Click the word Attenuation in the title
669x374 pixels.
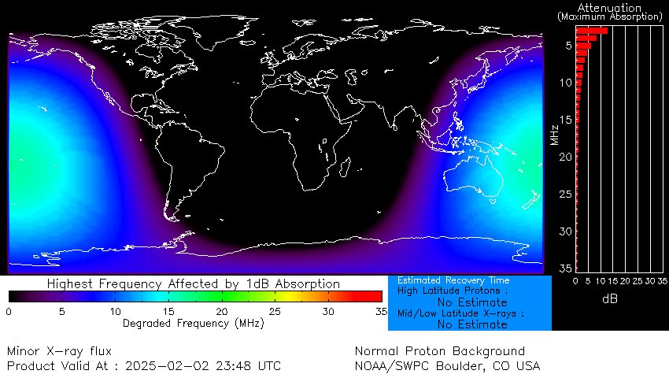(609, 7)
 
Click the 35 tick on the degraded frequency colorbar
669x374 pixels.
(380, 312)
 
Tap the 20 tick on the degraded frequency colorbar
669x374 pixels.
(222, 312)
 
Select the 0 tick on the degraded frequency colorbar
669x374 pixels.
(9, 312)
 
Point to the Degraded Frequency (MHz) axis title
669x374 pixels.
(194, 323)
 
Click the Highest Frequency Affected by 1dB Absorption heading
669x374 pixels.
(194, 283)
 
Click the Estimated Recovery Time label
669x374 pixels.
(453, 280)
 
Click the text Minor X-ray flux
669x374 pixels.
(59, 351)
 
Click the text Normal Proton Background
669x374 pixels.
(439, 351)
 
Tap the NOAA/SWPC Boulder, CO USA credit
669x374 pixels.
(448, 365)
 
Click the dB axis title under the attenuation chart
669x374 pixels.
(610, 299)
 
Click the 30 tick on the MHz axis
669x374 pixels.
(566, 231)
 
